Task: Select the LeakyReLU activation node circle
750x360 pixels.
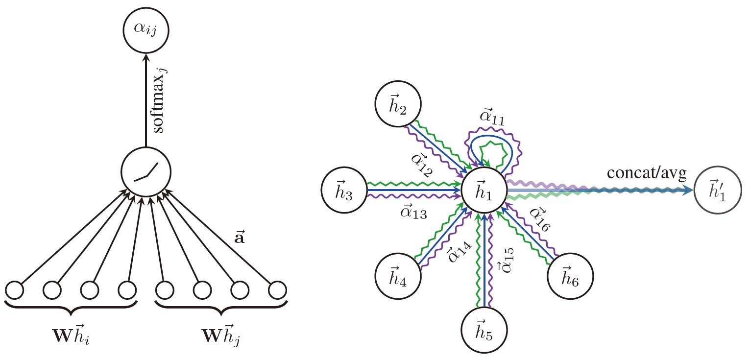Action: tap(145, 171)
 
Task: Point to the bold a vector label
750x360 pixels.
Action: tap(240, 239)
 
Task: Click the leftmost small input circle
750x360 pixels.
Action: tap(14, 290)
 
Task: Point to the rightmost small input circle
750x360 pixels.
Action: tap(277, 290)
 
